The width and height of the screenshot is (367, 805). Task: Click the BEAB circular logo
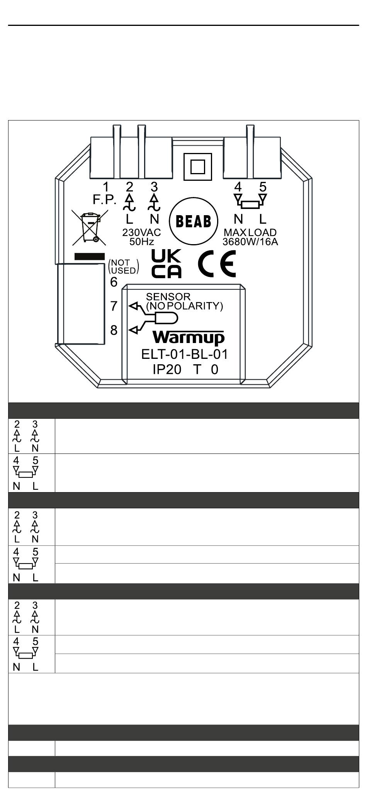click(x=194, y=221)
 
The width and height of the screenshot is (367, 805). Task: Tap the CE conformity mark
click(x=217, y=263)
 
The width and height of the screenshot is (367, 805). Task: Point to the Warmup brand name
click(x=189, y=337)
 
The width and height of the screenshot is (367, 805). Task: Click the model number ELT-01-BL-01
click(x=185, y=354)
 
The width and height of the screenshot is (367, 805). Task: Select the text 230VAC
click(x=141, y=233)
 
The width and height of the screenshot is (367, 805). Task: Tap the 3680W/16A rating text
click(x=250, y=242)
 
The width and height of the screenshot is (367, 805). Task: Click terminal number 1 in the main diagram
click(x=106, y=187)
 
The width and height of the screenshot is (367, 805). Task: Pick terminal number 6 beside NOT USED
click(x=114, y=282)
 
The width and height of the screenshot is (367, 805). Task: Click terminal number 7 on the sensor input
click(x=114, y=306)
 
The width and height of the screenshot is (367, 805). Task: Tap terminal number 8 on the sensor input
click(x=114, y=330)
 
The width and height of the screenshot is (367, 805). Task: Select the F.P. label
click(x=104, y=200)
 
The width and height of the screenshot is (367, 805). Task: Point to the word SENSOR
click(x=168, y=297)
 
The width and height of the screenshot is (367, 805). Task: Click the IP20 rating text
click(x=167, y=370)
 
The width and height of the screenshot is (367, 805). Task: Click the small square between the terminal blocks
click(x=198, y=167)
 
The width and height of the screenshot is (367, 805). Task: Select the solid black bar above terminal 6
click(x=90, y=256)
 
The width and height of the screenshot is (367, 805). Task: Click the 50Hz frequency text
click(x=141, y=242)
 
